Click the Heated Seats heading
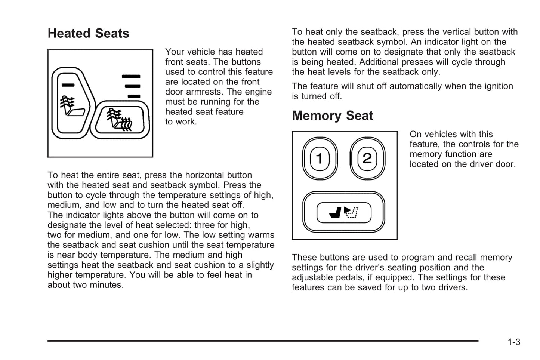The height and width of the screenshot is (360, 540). [88, 33]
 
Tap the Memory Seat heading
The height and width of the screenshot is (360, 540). [332, 116]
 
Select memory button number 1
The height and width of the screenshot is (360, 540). [320, 159]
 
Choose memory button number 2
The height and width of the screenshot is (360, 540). [367, 159]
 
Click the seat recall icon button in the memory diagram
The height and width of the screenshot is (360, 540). [344, 212]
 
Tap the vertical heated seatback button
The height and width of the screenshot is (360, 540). [71, 103]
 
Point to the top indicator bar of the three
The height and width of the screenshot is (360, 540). [131, 76]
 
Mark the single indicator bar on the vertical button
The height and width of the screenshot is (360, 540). [68, 85]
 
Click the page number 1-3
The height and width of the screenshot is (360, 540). [514, 342]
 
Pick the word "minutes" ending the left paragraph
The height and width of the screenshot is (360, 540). [106, 285]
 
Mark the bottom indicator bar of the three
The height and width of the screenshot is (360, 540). [134, 96]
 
